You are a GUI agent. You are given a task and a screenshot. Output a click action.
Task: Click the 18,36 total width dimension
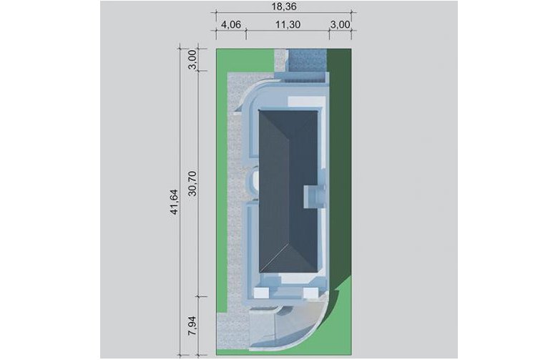(x=283, y=6)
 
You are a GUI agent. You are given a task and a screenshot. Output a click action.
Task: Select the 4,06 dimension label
(x=231, y=24)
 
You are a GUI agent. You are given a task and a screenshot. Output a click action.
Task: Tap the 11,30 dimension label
(x=288, y=24)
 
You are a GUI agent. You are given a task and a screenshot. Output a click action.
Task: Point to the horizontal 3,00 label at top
(x=341, y=24)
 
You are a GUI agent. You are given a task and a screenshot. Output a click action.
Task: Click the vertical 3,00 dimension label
(x=192, y=59)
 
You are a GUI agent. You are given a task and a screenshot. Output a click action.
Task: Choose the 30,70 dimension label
(x=192, y=183)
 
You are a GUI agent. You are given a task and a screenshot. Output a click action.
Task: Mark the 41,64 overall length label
(x=174, y=202)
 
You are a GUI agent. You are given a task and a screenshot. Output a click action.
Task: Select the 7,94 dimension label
(x=192, y=326)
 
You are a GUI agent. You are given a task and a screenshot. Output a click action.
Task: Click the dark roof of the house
(x=288, y=192)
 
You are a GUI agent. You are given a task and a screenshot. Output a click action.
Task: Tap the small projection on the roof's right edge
(x=314, y=196)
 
